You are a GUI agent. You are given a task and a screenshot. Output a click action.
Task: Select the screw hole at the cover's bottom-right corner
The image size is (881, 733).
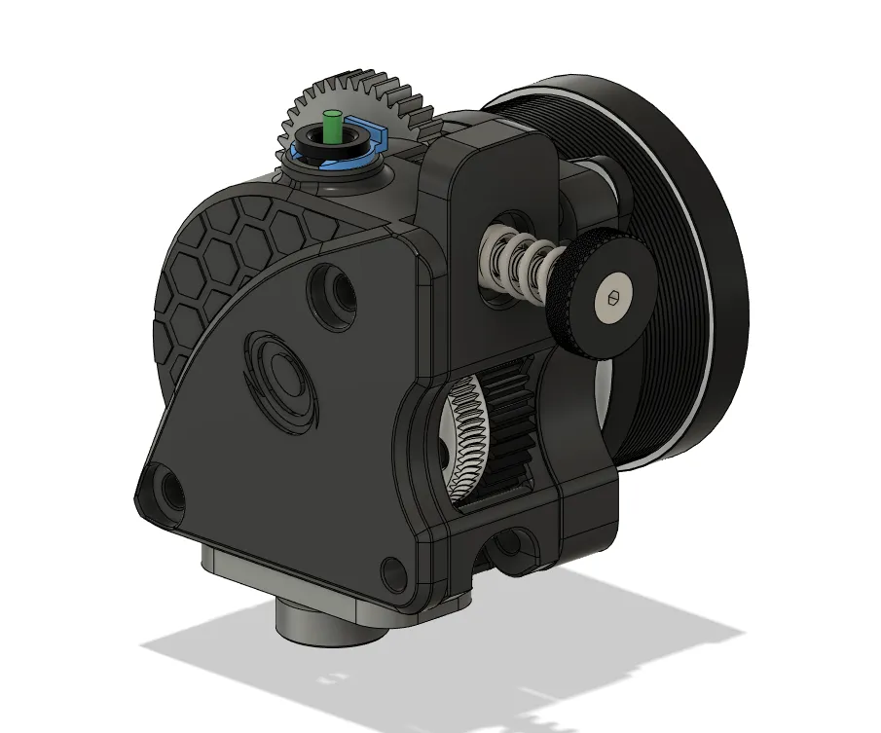point(395,573)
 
